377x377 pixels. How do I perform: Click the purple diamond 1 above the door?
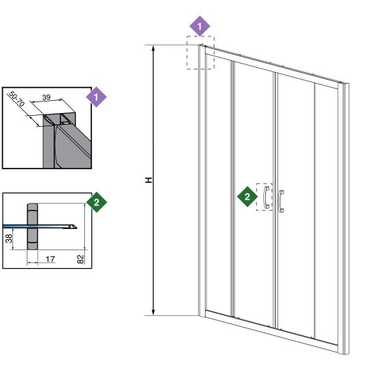[x=199, y=26]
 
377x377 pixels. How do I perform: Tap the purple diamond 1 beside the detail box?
[x=96, y=97]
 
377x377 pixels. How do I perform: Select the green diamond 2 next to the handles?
[x=247, y=197]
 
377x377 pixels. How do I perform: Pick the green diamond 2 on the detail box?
[x=97, y=202]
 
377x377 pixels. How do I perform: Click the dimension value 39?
[x=46, y=97]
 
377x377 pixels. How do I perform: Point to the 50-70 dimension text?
[x=16, y=99]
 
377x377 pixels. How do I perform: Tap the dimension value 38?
[x=8, y=239]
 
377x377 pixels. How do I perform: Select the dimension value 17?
[x=50, y=259]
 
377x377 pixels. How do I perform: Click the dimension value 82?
[x=81, y=259]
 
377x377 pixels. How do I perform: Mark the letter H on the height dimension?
[x=149, y=180]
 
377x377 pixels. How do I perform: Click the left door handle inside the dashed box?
[x=267, y=197]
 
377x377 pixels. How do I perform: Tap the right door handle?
[x=281, y=202]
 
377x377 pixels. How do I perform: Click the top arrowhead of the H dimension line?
[x=154, y=48]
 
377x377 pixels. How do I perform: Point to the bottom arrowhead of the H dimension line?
[x=154, y=313]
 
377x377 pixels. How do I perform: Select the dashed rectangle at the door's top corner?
[x=201, y=36]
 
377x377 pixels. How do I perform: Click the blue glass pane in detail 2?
[x=38, y=226]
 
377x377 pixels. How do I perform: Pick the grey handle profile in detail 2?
[x=32, y=226]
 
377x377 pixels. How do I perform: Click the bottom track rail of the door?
[x=271, y=331]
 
